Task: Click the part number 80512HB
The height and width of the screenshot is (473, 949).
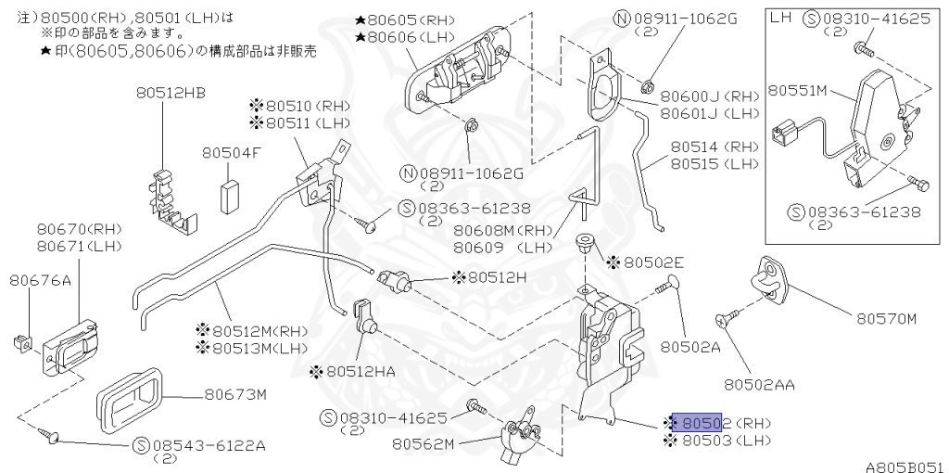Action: (x=171, y=93)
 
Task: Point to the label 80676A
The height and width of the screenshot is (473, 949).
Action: (x=40, y=279)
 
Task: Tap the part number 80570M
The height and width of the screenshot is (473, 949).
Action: (x=885, y=319)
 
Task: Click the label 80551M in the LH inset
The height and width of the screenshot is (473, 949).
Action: (x=803, y=91)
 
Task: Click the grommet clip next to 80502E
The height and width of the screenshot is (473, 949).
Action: (x=586, y=245)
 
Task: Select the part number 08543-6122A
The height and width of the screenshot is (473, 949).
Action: (x=200, y=446)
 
